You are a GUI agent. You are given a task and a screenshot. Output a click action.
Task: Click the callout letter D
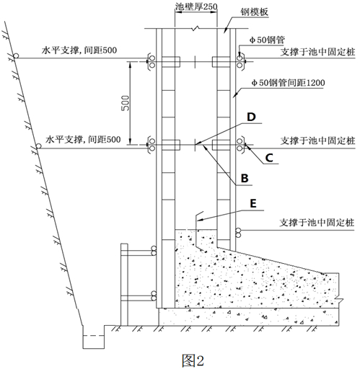251,117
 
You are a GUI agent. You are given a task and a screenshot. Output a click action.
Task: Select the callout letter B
245,178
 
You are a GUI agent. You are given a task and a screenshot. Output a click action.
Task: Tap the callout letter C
269,158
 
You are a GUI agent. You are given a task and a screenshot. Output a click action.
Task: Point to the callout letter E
253,203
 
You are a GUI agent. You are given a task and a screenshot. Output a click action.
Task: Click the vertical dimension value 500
125,103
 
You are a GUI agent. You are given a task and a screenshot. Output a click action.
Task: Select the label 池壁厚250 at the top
196,6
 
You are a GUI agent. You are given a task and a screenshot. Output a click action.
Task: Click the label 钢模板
255,12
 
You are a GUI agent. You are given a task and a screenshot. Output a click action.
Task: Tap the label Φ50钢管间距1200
288,83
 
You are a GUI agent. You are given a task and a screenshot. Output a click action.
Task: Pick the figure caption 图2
193,360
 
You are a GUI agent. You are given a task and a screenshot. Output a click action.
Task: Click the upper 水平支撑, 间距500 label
79,50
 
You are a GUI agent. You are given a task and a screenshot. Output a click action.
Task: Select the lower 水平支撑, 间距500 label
83,140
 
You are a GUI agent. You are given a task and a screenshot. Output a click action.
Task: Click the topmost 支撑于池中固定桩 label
317,52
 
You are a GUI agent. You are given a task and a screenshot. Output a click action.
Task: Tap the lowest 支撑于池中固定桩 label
317,223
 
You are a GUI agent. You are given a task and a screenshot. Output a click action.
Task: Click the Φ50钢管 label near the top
267,40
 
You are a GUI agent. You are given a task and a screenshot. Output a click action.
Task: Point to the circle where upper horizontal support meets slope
16,56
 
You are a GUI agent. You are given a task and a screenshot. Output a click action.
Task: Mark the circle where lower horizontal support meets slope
38,146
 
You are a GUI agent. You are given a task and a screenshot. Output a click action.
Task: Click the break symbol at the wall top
196,28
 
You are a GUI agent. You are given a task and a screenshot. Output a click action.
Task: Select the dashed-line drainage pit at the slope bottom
94,337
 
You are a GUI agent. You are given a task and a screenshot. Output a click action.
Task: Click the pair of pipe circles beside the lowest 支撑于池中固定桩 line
238,233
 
